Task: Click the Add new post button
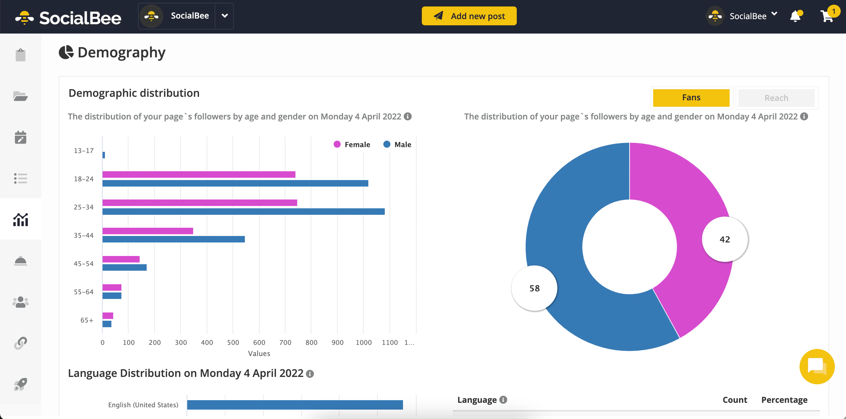[x=469, y=16]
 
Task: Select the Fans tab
[x=691, y=98]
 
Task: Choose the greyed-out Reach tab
[x=776, y=98]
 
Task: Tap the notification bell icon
[x=795, y=16]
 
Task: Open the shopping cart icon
[x=826, y=16]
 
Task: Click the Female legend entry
[x=352, y=144]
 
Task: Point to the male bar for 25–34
[x=243, y=211]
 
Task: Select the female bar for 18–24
[x=199, y=174]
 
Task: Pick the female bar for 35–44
[x=148, y=231]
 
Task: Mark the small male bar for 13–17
[x=103, y=155]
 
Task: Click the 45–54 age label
[x=83, y=264]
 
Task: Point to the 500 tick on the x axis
[x=233, y=342]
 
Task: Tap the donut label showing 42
[x=725, y=239]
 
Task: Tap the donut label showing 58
[x=534, y=288]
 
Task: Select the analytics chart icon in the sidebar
[x=20, y=220]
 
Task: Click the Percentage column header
[x=784, y=400]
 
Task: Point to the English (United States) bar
[x=295, y=405]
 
